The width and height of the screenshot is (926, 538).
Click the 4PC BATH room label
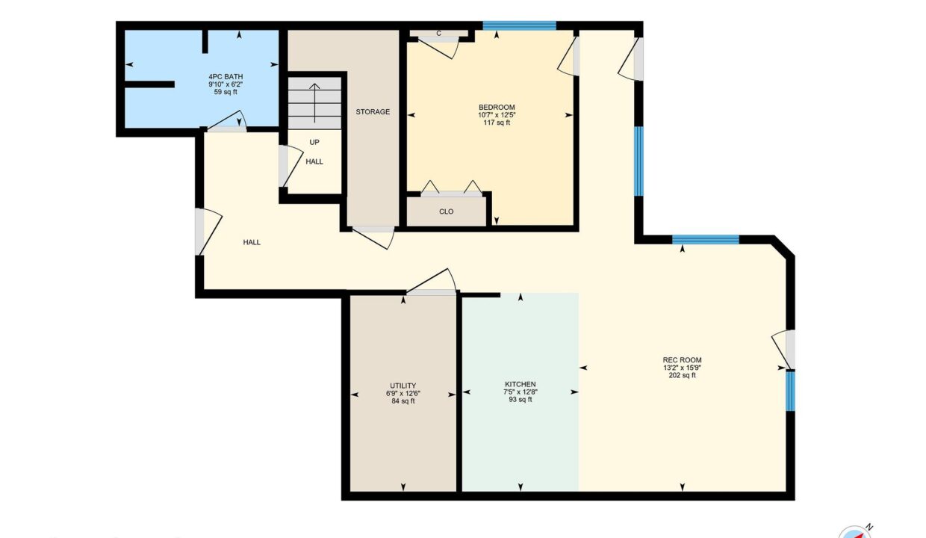(226, 77)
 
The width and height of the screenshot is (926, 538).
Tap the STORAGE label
(373, 111)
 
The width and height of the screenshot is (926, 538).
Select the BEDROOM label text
(497, 108)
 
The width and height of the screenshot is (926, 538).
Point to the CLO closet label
(446, 211)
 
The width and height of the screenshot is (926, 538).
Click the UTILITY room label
(403, 386)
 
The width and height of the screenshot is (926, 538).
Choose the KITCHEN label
(520, 385)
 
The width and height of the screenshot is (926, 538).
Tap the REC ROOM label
(682, 360)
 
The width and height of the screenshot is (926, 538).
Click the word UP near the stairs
(314, 142)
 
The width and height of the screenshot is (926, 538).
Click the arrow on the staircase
(314, 103)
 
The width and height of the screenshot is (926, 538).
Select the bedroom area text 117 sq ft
(497, 123)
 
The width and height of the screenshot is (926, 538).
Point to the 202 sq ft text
(682, 376)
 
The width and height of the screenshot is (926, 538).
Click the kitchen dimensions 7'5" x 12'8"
(520, 392)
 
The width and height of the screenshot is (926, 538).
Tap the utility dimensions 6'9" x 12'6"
(403, 393)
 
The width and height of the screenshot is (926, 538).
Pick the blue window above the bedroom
(519, 25)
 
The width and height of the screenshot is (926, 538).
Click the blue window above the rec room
(705, 239)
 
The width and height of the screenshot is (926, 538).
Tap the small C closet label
(438, 34)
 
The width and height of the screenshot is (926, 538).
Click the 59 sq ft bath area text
(226, 92)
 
